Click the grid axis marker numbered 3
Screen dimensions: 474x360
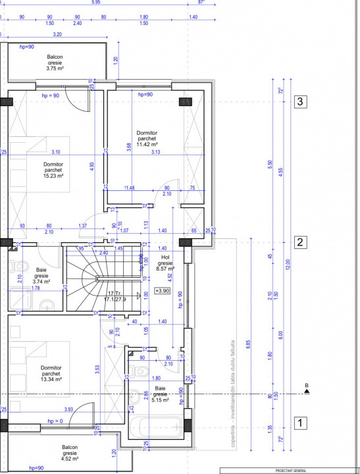click(300, 101)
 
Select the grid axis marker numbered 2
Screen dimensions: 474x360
click(300, 242)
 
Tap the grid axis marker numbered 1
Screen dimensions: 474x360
click(300, 423)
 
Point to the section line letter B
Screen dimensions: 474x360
click(306, 386)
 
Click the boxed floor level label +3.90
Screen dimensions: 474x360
click(162, 290)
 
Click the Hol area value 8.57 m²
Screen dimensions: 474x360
click(165, 269)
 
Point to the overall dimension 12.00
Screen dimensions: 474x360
click(288, 264)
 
